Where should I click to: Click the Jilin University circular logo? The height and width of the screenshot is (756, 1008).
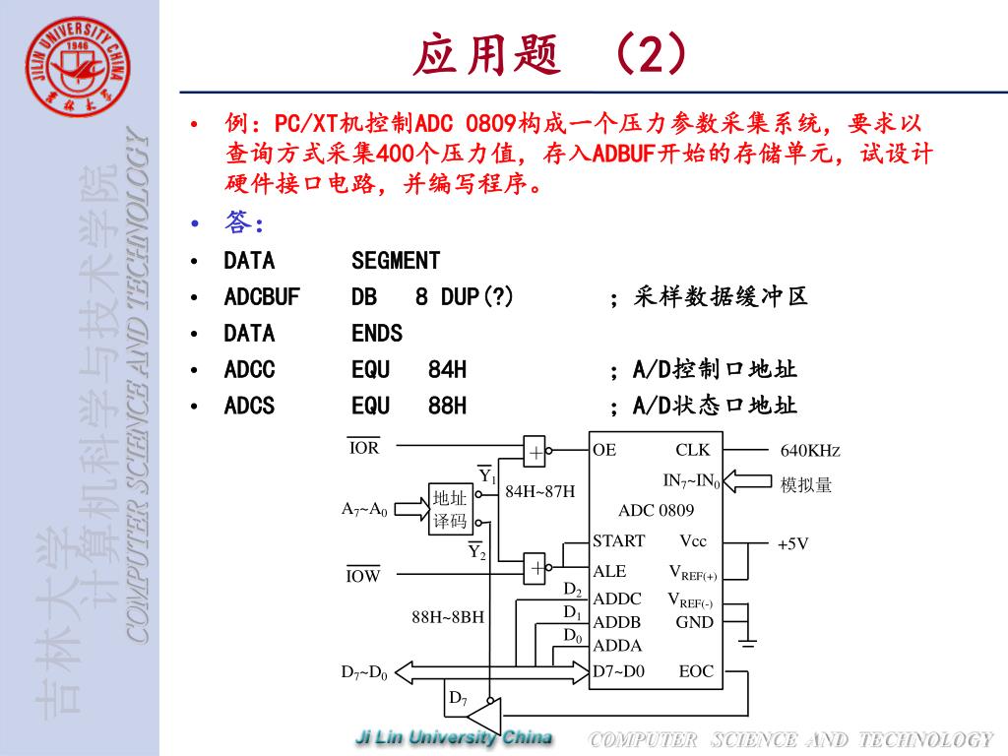coord(79,69)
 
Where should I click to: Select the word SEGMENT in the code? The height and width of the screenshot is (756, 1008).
coord(396,261)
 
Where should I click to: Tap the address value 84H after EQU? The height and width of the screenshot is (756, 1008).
coord(447,370)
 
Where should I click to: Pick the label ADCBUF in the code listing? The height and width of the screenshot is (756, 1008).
coord(262,297)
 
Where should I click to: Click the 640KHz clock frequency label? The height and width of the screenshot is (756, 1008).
coord(810,451)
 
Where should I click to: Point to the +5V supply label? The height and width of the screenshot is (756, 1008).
coord(792,543)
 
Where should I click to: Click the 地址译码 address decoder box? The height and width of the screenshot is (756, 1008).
coord(450,509)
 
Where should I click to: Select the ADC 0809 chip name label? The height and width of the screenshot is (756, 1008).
coord(656,510)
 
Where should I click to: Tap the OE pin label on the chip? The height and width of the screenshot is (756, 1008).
coord(604,450)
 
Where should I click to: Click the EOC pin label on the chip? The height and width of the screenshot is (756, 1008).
coord(696,671)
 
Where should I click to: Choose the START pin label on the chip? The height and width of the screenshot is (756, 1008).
coord(618,541)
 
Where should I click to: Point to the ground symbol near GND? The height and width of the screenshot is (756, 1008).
coord(748,642)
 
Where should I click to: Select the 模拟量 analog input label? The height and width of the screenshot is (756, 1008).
coord(806,484)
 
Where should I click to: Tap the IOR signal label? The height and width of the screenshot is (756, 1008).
coord(363,448)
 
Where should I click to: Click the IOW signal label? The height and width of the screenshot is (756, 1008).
coord(363,576)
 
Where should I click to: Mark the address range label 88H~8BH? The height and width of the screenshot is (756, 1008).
coord(448,617)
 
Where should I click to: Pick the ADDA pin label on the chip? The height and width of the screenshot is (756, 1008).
coord(617,646)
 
